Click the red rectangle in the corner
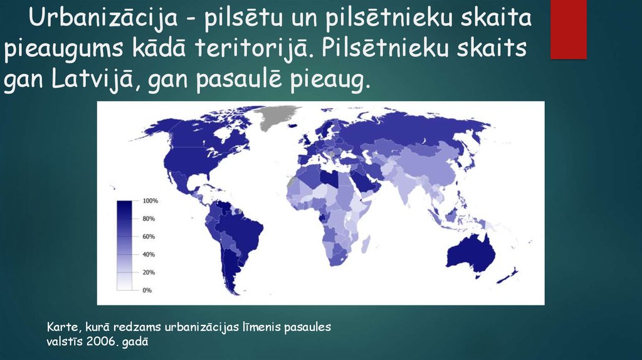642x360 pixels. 568,29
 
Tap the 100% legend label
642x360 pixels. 150,201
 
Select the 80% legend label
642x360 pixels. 149,219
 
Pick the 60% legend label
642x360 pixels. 149,236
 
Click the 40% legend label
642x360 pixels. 149,255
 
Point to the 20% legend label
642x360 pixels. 149,272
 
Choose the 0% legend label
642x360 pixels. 147,290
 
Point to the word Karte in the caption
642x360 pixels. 61,327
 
